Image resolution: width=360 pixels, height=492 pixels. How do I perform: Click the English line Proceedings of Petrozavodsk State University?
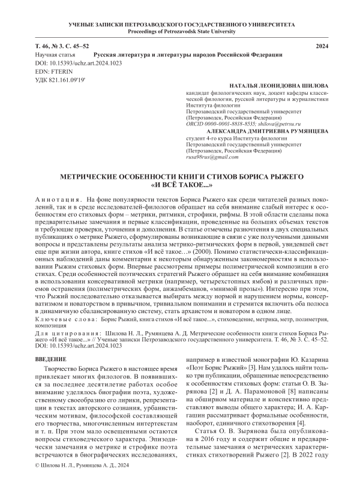pos(179,31)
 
